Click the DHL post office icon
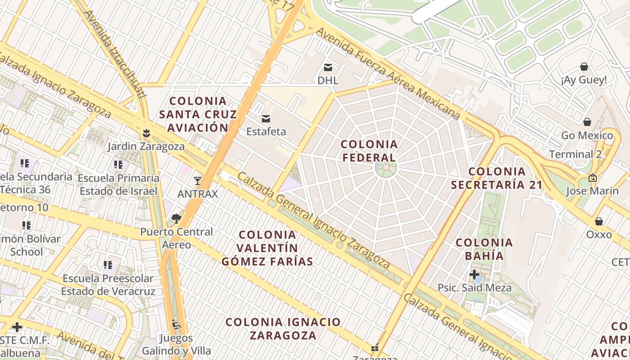328,67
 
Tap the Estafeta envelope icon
266,119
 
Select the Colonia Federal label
369,151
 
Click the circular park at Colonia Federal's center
386,169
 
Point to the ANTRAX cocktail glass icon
197,181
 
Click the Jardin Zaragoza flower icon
146,133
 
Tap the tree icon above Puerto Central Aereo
176,219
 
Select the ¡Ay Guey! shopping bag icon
584,67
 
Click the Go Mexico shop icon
587,122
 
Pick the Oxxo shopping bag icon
598,221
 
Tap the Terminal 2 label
577,154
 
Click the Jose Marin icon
592,178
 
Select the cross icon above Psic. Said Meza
474,274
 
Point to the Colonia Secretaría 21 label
497,178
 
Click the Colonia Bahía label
484,249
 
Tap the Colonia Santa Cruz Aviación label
198,114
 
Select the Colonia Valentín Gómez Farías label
267,248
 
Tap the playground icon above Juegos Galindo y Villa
176,324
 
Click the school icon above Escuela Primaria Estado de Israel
118,165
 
